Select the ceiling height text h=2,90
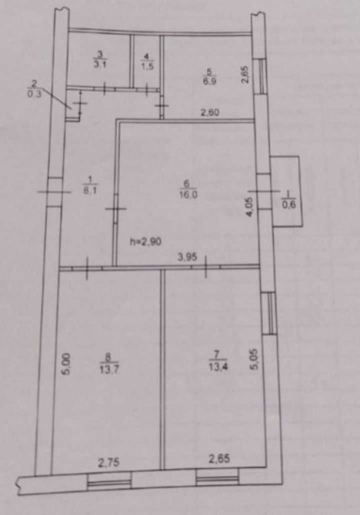click(145, 242)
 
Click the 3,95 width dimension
click(188, 257)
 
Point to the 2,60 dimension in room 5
click(210, 113)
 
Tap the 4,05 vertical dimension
click(249, 207)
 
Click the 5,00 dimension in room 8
click(65, 364)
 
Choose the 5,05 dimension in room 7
click(255, 359)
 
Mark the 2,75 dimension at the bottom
click(108, 463)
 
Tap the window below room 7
click(218, 478)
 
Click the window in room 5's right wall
click(262, 77)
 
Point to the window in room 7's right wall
click(270, 314)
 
